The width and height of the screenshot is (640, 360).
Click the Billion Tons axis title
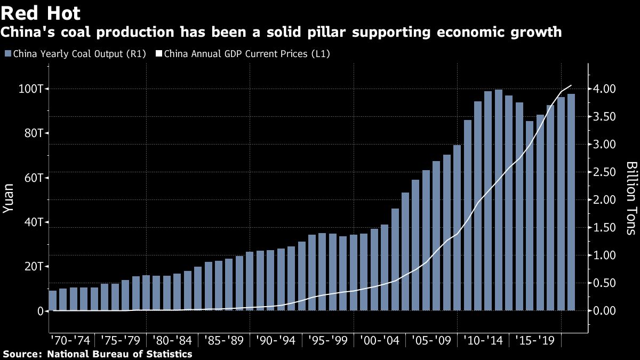[x=630, y=198]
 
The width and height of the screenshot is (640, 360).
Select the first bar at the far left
[x=52, y=300]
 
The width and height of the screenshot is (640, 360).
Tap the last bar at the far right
[x=571, y=203]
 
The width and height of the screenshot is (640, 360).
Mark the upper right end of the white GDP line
[x=571, y=85]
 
